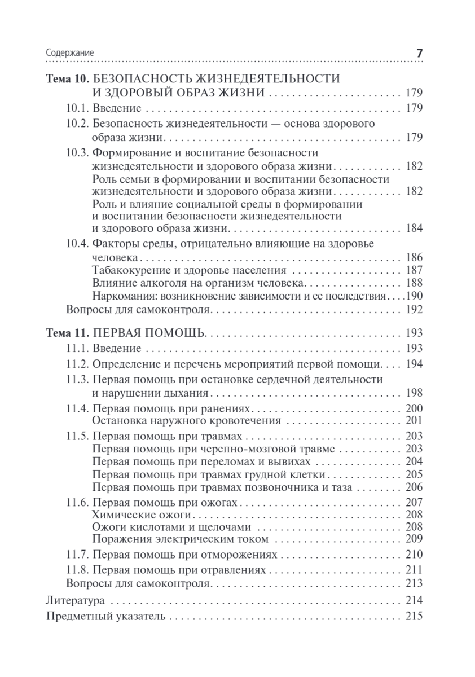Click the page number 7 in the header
point(419,52)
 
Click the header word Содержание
point(69,53)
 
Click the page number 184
point(414,229)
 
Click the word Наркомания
point(120,296)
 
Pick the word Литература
point(73,600)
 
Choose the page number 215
point(414,616)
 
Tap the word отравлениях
point(236,569)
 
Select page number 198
point(414,393)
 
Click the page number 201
point(414,421)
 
